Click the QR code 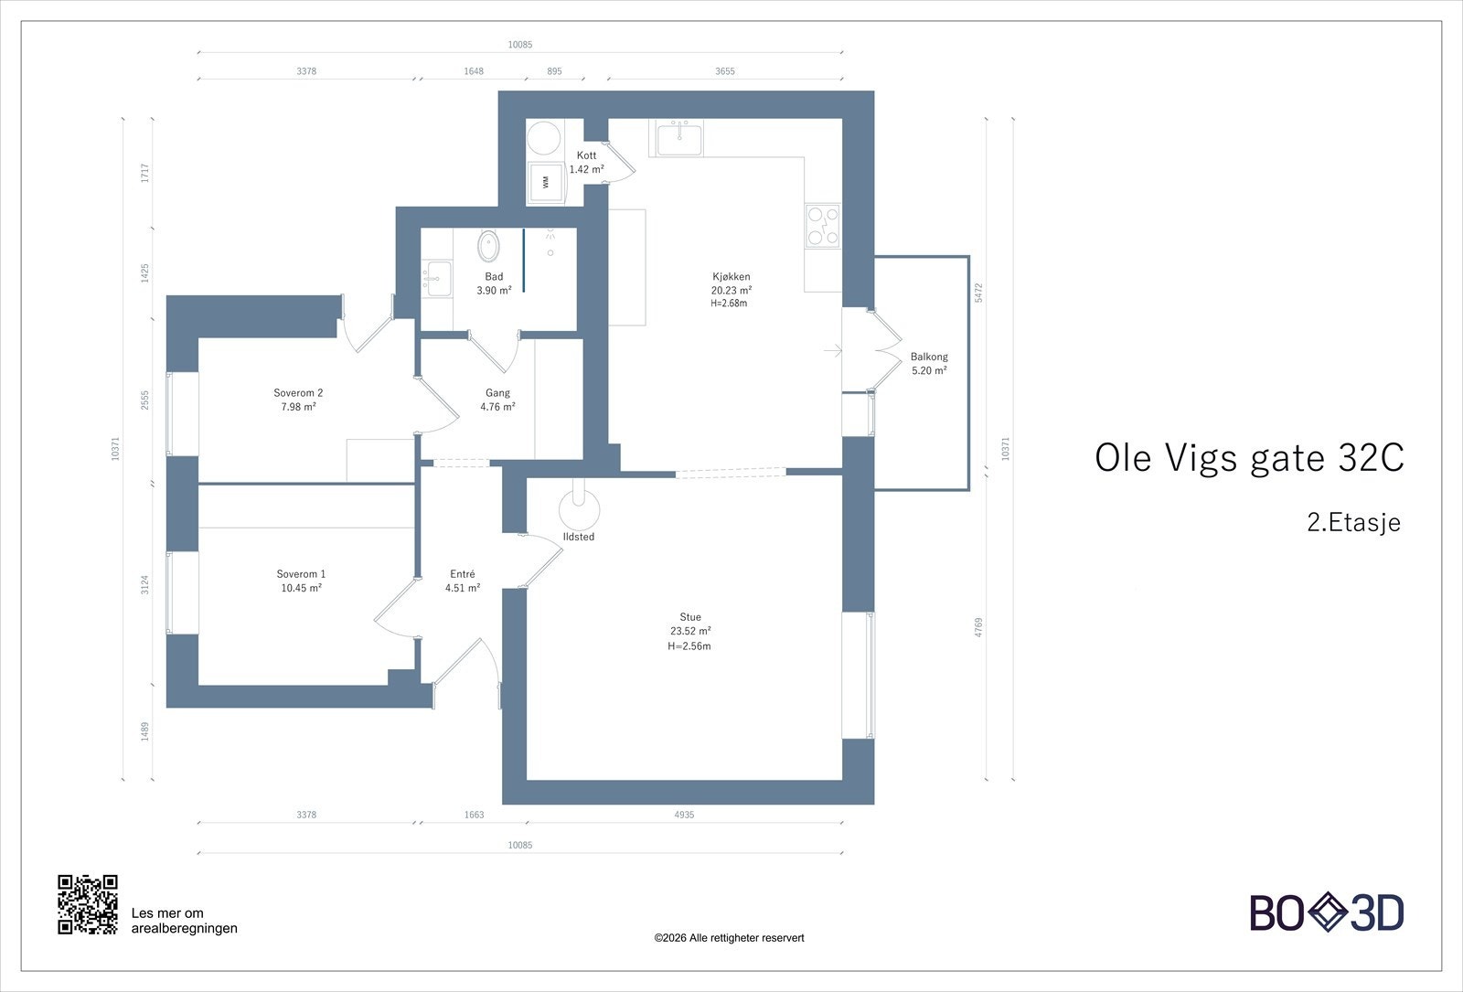click(88, 904)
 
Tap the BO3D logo click(1327, 912)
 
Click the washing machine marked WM click(546, 182)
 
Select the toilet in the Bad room click(488, 246)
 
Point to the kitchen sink click(679, 138)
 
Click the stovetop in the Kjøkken click(823, 226)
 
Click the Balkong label click(929, 357)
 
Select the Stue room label click(690, 616)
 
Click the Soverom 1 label click(301, 574)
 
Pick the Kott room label click(586, 155)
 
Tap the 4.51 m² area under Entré click(463, 588)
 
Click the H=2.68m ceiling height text click(729, 303)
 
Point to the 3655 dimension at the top click(725, 71)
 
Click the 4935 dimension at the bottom click(684, 815)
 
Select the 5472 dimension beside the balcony click(978, 293)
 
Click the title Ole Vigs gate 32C click(1249, 458)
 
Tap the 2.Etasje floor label click(1354, 522)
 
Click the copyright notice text click(729, 938)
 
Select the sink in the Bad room click(437, 279)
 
